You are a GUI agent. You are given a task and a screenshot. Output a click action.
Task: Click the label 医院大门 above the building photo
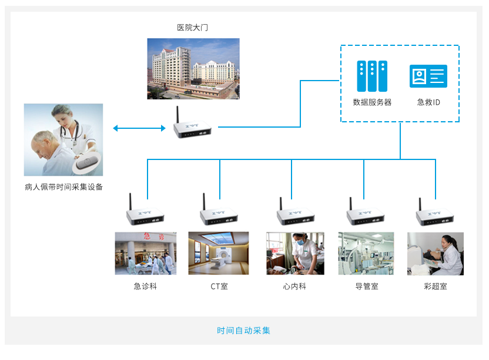193,27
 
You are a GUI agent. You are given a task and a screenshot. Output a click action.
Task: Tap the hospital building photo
193,68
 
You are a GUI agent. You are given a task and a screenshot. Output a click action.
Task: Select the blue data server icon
372,76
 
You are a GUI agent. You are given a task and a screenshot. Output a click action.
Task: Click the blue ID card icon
428,76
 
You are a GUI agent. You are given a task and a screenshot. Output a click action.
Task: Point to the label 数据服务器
372,102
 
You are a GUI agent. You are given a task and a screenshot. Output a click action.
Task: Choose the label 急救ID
428,102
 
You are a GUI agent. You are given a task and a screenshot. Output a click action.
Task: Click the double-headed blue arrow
139,128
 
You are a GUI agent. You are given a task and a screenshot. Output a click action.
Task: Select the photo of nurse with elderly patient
63,140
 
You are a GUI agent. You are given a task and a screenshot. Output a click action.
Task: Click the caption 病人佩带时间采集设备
64,187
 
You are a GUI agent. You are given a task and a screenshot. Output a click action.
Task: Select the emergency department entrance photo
145,254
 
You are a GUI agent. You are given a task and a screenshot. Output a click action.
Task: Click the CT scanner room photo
219,254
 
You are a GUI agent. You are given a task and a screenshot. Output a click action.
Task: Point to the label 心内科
294,286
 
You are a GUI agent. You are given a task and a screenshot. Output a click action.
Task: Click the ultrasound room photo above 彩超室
436,254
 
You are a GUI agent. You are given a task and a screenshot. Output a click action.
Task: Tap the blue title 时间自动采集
244,331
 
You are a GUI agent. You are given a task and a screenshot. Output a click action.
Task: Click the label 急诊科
145,286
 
